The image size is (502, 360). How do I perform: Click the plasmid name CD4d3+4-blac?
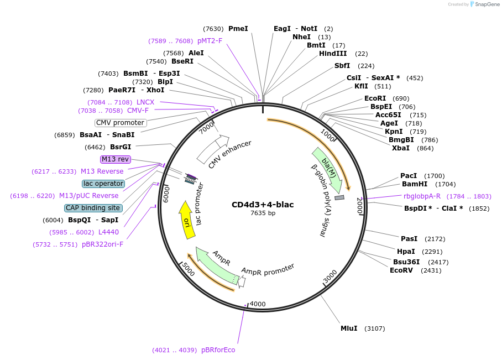click(x=263, y=205)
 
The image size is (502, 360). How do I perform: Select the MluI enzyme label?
click(x=349, y=328)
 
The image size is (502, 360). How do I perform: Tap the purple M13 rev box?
click(x=115, y=159)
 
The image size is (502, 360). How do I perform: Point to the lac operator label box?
click(x=103, y=184)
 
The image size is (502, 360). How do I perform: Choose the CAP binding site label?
click(x=93, y=208)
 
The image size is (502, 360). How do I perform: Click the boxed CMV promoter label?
click(x=121, y=123)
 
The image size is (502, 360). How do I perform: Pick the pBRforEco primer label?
click(x=218, y=350)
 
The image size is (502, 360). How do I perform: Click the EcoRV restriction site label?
click(x=401, y=270)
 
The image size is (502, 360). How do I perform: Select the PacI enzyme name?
click(x=409, y=176)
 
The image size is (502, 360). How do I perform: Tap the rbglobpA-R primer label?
click(x=422, y=196)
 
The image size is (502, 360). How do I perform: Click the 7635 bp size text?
click(x=263, y=213)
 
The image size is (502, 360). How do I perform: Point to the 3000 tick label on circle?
click(x=330, y=276)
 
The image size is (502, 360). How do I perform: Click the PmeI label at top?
click(x=238, y=29)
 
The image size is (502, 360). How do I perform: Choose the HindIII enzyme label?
click(x=333, y=54)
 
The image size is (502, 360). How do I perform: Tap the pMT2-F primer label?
click(x=210, y=41)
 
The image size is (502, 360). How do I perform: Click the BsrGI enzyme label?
click(x=121, y=147)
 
